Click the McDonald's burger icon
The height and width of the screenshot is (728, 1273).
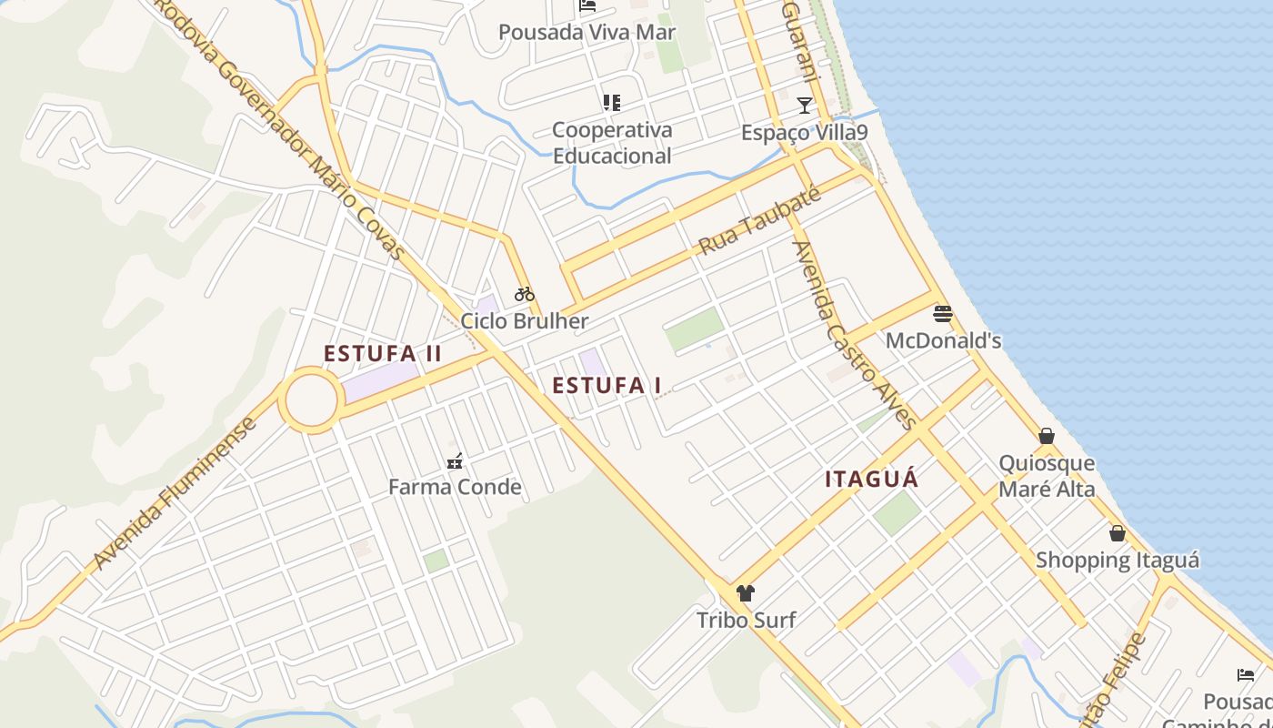(943, 315)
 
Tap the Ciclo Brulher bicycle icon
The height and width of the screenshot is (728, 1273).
(525, 294)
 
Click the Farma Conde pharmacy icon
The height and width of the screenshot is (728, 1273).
(455, 461)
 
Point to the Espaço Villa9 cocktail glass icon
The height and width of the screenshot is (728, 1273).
(805, 105)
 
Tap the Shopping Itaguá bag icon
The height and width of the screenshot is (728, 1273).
(1118, 533)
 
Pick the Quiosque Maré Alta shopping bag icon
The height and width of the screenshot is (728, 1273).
(1047, 436)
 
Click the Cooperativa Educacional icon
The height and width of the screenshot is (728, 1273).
(612, 103)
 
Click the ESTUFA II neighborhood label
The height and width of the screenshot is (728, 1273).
(383, 353)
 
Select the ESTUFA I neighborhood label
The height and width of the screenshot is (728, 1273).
(606, 385)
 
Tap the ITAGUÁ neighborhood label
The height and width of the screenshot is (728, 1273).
(872, 479)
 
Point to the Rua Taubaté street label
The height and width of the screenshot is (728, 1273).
(760, 221)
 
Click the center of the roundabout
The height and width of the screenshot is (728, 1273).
(311, 399)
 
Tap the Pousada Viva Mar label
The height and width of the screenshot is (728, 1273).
(586, 33)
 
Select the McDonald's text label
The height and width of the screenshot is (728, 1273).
(943, 341)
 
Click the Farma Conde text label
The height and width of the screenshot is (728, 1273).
(455, 487)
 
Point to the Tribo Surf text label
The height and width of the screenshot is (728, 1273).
(746, 621)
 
